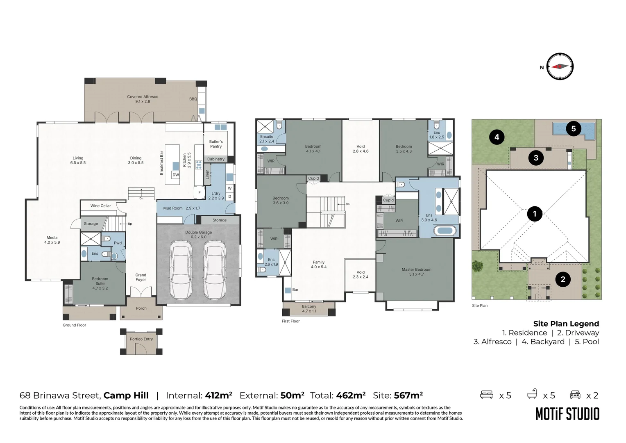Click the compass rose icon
click(x=560, y=66)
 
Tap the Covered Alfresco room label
click(x=143, y=99)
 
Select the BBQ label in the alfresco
click(x=193, y=99)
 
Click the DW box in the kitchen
click(x=176, y=175)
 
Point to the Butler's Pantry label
click(x=216, y=144)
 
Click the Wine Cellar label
click(x=101, y=206)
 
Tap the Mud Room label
click(x=173, y=208)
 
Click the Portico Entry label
click(x=141, y=339)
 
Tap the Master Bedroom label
click(x=416, y=272)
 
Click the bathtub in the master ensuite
click(x=445, y=231)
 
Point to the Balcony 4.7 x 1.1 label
click(x=309, y=309)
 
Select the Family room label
click(x=319, y=265)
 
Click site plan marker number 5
click(x=573, y=129)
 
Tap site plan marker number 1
click(x=534, y=214)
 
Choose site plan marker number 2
click(x=562, y=279)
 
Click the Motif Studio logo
click(x=567, y=414)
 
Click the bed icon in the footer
click(x=487, y=395)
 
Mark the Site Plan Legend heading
click(x=566, y=324)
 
